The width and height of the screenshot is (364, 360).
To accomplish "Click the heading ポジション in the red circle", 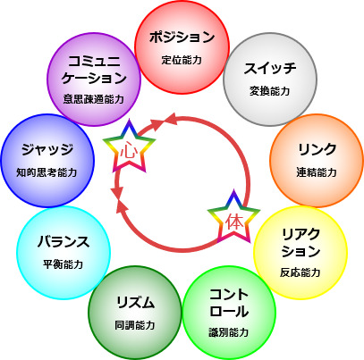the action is tap(182, 38).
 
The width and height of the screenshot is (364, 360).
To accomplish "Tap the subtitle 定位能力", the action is tap(182, 60).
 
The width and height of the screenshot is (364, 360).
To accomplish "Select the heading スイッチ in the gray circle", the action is tap(270, 68).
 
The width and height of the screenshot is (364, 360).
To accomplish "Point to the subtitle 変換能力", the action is tap(270, 91).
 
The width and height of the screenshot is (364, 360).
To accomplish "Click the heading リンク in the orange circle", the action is tap(317, 149).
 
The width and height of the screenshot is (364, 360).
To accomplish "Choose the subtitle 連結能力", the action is tap(317, 172).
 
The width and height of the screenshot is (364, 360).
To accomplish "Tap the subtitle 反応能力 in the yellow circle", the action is tap(301, 272).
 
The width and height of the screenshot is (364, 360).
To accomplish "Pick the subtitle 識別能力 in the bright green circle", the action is tap(229, 332).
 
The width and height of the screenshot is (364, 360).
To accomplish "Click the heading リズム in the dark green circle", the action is tap(135, 303).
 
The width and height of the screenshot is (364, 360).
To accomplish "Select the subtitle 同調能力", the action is tap(135, 325).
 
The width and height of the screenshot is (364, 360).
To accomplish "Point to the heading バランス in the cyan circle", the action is tap(63, 241).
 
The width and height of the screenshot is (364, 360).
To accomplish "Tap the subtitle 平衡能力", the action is tap(63, 264).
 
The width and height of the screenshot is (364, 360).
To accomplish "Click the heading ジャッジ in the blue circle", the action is tap(47, 149).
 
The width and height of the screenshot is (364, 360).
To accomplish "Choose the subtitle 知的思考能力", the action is tap(47, 172).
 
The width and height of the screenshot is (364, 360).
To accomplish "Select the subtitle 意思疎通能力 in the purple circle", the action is tap(94, 99).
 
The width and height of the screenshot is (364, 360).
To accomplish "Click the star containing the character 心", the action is tap(129, 147).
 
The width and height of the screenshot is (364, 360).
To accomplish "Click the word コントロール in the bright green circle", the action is tap(229, 303).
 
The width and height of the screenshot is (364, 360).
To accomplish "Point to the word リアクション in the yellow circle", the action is tap(301, 243).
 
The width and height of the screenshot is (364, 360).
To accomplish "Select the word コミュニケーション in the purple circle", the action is tap(94, 70).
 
